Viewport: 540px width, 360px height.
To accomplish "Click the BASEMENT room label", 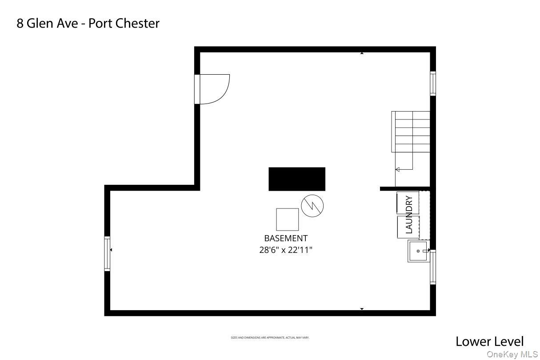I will [x=285, y=238].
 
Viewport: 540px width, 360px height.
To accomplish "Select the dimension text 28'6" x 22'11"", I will [x=285, y=250].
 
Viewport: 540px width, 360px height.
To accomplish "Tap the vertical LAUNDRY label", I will [x=409, y=215].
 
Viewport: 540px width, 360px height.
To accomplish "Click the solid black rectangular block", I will [x=296, y=179].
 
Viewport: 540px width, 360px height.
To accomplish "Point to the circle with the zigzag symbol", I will [x=312, y=206].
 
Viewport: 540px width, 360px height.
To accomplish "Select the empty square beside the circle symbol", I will [x=287, y=219].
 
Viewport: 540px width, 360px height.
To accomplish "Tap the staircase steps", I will [x=411, y=132].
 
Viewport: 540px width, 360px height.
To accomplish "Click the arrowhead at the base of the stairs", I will [x=398, y=169].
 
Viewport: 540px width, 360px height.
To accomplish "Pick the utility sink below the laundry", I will [x=418, y=251].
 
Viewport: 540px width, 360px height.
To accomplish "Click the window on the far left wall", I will [x=107, y=254].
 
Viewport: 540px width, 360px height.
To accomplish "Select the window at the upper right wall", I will [x=432, y=83].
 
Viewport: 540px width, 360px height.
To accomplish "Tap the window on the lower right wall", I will [x=432, y=267].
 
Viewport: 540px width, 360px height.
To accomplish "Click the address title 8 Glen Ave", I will [x=49, y=23].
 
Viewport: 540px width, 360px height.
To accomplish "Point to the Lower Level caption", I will [x=489, y=341].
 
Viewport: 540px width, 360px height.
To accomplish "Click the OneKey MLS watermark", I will [x=512, y=354].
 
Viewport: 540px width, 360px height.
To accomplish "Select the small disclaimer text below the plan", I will [x=270, y=338].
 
